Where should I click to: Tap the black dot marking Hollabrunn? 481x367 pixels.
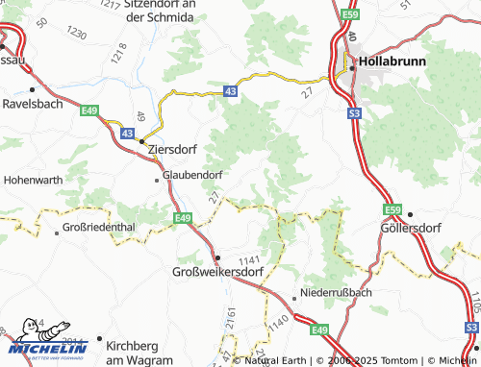click(353, 66)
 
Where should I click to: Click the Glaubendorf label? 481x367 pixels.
click(193, 175)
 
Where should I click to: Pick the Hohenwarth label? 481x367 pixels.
click(35, 179)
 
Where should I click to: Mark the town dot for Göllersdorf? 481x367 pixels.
click(410, 214)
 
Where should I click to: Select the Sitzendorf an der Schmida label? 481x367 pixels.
click(160, 12)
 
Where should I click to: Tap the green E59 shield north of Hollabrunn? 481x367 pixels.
click(349, 14)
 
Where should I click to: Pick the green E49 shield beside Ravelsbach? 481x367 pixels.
click(90, 110)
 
